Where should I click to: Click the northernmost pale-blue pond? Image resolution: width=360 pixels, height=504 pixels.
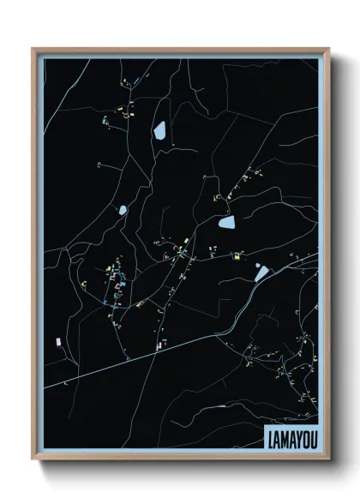[159, 130]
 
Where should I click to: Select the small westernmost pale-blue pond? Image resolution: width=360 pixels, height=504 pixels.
[123, 209]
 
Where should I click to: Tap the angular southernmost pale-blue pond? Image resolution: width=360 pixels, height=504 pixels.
[261, 273]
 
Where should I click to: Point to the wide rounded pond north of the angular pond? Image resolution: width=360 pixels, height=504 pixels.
[227, 223]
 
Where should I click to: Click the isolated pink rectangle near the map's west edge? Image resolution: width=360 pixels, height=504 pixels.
[57, 340]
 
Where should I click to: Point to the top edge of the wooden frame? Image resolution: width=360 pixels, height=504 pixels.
[180, 50]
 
